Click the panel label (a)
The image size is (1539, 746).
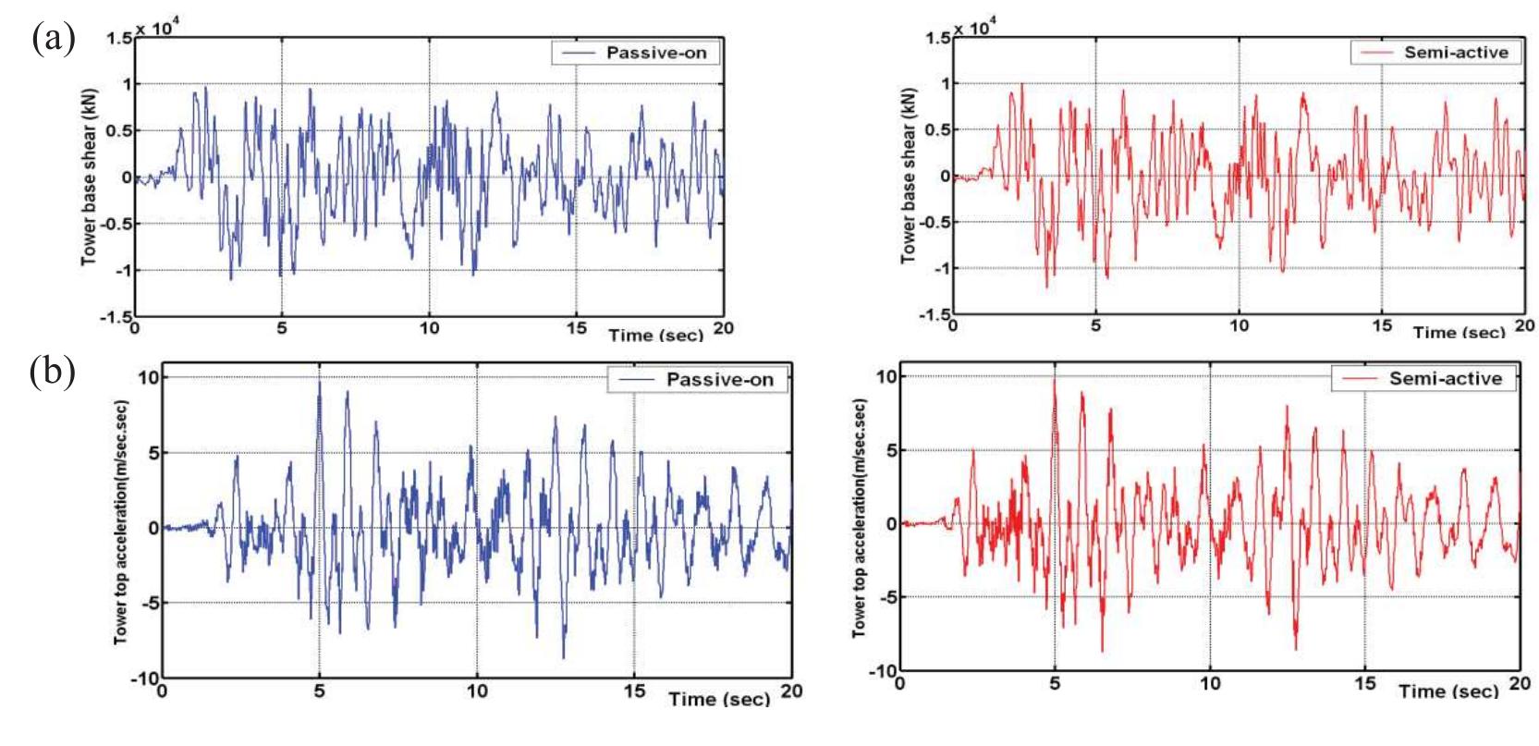(53, 42)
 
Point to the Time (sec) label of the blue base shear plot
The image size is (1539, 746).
(655, 334)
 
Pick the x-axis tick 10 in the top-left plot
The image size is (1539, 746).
(428, 329)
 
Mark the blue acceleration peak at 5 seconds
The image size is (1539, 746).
(319, 379)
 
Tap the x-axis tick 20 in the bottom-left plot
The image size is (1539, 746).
(791, 690)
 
